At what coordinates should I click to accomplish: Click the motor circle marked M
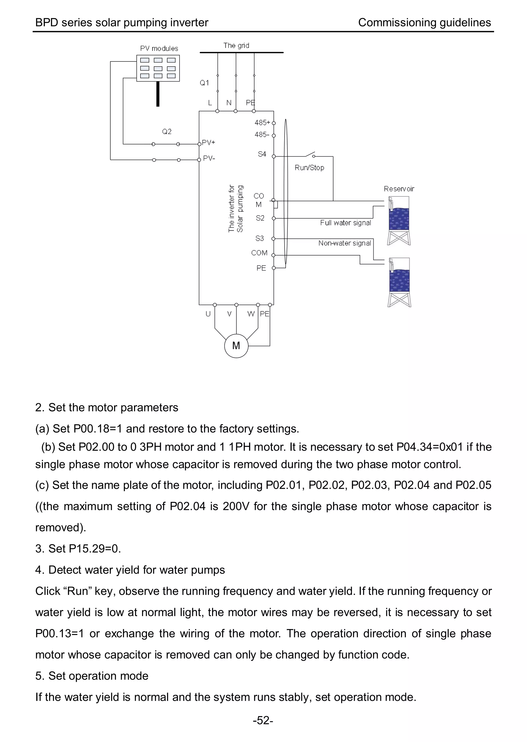coord(236,346)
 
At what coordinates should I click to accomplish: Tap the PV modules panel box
coord(158,68)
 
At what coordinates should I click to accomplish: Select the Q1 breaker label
coord(204,83)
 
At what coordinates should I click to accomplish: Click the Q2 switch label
coord(167,132)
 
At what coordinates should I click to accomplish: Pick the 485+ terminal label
coord(262,123)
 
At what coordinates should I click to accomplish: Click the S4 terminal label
coord(262,154)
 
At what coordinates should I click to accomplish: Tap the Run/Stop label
coord(309,168)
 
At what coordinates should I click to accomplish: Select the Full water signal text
coord(345,223)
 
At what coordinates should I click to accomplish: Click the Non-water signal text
coord(344,243)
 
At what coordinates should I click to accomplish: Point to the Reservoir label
coord(399,189)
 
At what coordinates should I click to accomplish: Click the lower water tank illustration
coord(399,282)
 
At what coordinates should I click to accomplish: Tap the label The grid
coord(236,46)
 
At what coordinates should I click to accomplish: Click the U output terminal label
coord(208,314)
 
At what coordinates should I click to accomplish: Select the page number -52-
coord(263,720)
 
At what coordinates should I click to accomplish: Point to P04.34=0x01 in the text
coord(430,447)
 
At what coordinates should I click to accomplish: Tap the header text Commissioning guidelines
coord(424,23)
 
